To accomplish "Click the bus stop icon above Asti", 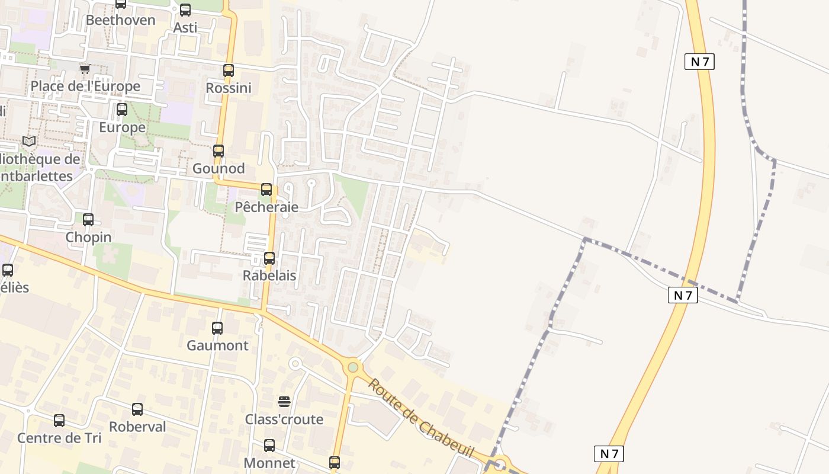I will pos(185,9).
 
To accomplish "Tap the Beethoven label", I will pos(121,20).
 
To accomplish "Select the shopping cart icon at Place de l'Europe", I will pos(85,69).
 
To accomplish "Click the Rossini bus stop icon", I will pos(229,71).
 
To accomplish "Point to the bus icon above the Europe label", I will pos(122,110).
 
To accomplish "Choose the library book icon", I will pos(29,141).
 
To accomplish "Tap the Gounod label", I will pos(219,168).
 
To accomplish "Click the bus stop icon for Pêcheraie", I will pos(266,190).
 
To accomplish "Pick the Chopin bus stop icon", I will pos(88,220).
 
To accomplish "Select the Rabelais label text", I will pos(269,276).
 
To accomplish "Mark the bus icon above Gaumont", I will pos(217,328).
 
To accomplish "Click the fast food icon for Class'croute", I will pos(284,402).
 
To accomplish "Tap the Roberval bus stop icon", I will pos(137,409).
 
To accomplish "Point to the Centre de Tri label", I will pos(59,438).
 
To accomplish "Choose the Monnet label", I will pos(269,463).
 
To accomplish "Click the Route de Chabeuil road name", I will pos(421,418).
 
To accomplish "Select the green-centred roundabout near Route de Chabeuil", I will pos(353,367).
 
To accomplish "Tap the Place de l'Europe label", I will pos(85,87).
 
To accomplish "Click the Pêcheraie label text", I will pos(266,207).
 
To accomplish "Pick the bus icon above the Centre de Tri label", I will pos(59,421).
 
